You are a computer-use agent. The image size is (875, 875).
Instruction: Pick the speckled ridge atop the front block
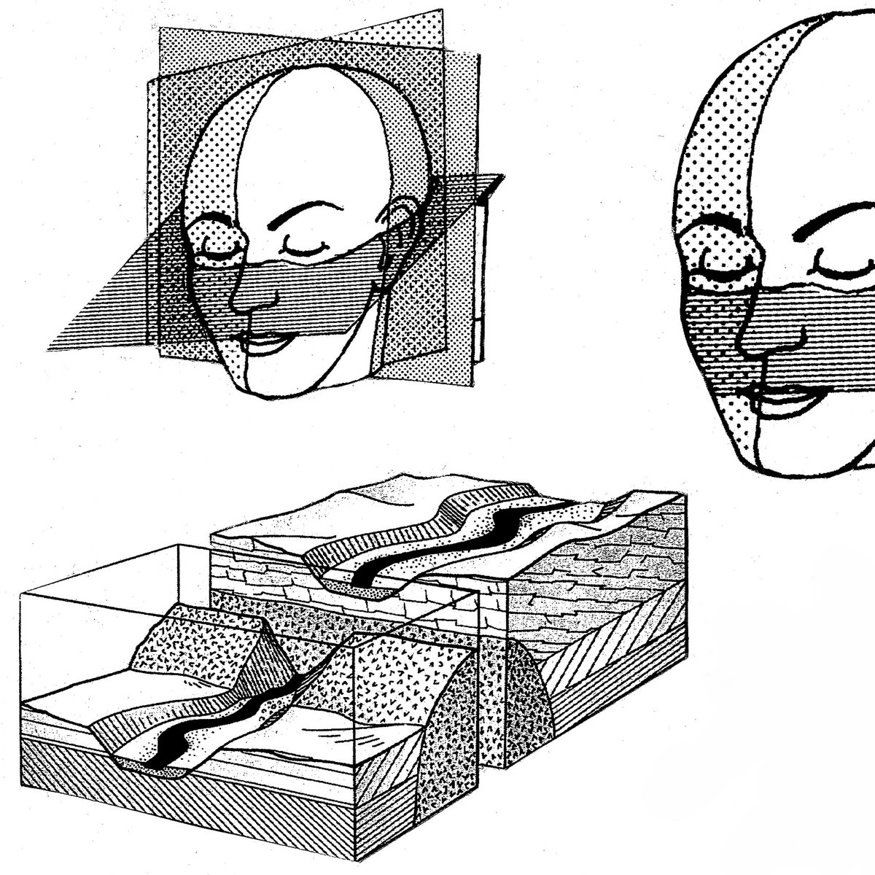point(211,642)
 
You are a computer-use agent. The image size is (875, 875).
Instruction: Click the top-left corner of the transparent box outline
point(22,591)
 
